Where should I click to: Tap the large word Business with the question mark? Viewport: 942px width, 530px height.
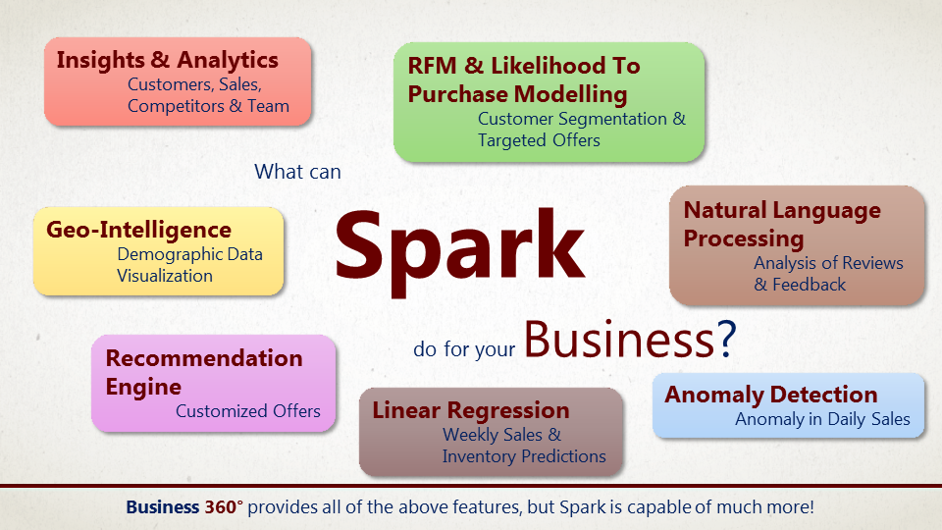tap(629, 340)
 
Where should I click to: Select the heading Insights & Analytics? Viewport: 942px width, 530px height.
tap(167, 60)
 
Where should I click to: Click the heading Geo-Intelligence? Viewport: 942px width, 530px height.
tap(138, 231)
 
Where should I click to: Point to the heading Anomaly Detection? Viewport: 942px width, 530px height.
tap(771, 395)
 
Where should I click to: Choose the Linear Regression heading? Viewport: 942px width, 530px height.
tap(470, 410)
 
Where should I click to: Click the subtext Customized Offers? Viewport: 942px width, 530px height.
tap(248, 411)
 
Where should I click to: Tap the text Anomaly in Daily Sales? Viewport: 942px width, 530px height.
tap(822, 419)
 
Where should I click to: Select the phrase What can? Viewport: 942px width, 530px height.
tap(297, 172)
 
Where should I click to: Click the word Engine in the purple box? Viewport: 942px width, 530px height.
tap(143, 387)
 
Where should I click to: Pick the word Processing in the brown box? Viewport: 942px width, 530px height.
tap(744, 238)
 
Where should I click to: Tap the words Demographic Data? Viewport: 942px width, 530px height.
tap(189, 254)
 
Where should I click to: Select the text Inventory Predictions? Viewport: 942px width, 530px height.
tap(524, 456)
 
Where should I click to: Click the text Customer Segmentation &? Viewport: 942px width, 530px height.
tap(582, 119)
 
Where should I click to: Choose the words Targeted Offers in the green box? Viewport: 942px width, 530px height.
tap(539, 140)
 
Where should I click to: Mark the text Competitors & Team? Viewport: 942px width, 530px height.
tap(208, 106)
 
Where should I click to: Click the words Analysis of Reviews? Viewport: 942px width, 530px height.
tap(828, 263)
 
